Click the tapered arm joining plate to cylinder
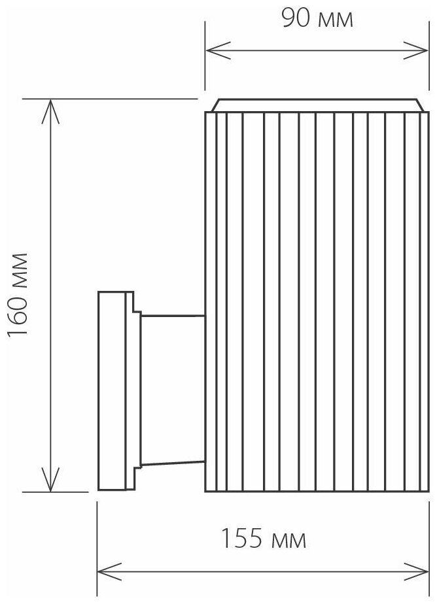coord(173,390)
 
